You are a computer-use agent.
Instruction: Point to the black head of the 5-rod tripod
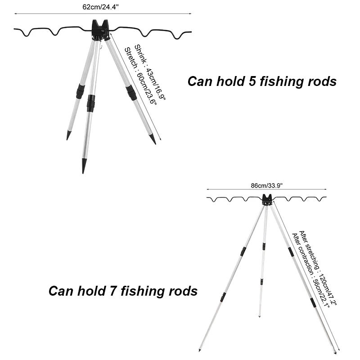point(99,30)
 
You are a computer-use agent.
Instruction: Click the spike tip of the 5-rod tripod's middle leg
point(84,166)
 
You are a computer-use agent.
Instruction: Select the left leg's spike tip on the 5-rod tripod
point(68,135)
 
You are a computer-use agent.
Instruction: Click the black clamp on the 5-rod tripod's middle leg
point(91,103)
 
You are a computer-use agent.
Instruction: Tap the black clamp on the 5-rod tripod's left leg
point(80,91)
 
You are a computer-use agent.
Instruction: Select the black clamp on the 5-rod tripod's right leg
point(131,93)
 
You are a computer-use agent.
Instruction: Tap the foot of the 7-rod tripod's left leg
point(200,349)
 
